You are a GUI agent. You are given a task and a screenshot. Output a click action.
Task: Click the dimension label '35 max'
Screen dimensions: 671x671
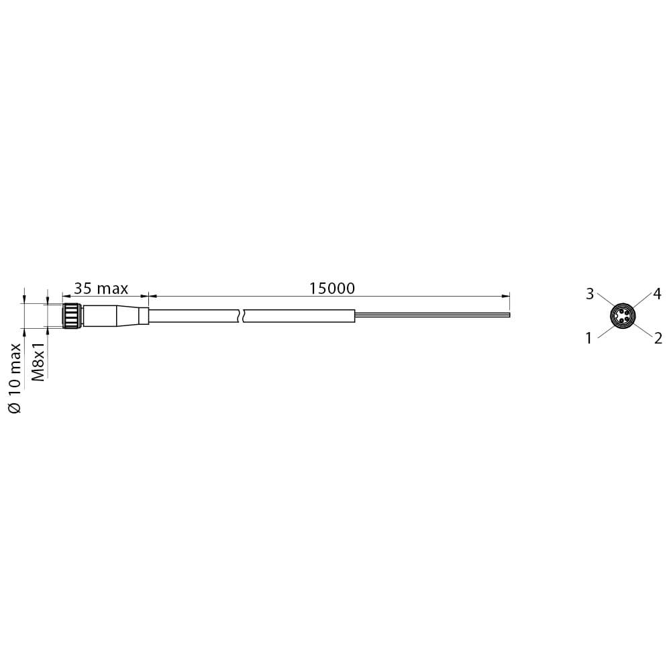[101, 289]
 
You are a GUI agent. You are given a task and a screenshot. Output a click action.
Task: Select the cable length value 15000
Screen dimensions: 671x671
[332, 289]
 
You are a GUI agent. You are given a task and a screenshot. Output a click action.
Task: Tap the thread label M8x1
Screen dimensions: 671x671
[39, 360]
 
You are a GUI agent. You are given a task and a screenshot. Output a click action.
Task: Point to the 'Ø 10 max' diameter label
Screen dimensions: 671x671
[14, 378]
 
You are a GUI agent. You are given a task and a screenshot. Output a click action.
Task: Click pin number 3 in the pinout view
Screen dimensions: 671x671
[590, 294]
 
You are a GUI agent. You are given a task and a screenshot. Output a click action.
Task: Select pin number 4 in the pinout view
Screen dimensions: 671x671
[657, 294]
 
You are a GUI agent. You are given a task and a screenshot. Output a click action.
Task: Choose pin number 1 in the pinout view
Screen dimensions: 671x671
[589, 338]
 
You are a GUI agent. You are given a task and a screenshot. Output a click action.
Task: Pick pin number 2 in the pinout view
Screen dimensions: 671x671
[658, 338]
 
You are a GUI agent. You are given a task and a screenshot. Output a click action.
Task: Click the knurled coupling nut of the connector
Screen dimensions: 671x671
[71, 316]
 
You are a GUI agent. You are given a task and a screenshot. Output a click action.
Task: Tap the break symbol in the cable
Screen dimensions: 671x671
[241, 316]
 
